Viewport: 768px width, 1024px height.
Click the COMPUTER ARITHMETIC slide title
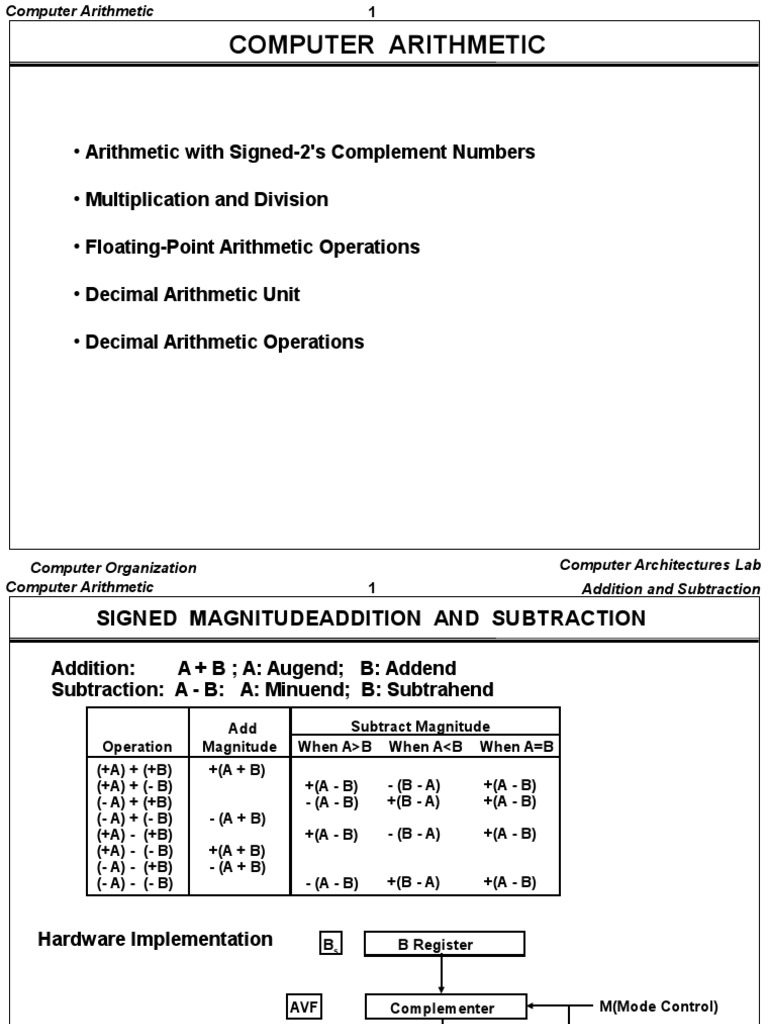click(x=388, y=45)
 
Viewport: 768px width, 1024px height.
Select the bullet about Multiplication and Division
click(x=206, y=199)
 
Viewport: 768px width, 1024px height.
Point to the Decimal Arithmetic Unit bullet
click(x=192, y=294)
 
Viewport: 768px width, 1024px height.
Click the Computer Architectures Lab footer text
click(x=660, y=565)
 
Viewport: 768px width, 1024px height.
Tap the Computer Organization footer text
click(x=113, y=567)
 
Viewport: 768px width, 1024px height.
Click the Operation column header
click(x=137, y=746)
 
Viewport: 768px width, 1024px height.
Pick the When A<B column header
click(x=424, y=746)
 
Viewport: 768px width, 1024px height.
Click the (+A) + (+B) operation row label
click(x=135, y=770)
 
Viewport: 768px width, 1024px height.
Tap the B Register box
click(x=443, y=944)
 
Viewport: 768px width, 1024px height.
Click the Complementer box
click(x=443, y=1008)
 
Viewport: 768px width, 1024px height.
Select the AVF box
click(x=302, y=1007)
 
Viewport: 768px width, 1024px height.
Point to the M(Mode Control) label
click(x=658, y=1007)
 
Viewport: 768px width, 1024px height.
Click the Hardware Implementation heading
click(x=155, y=939)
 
